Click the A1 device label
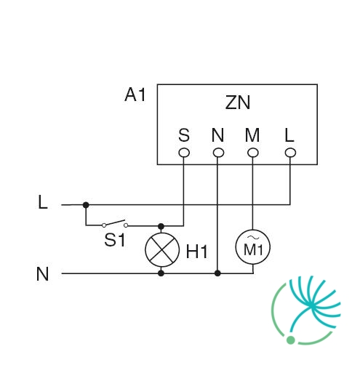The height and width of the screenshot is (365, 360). (x=135, y=95)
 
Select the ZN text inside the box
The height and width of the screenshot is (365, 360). (x=237, y=103)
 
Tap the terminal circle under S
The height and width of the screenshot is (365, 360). (x=184, y=153)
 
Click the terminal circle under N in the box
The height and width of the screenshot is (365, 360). (x=218, y=153)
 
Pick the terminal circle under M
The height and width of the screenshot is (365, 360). (x=253, y=153)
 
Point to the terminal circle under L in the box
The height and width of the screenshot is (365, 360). (x=290, y=153)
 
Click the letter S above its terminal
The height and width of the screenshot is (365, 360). (x=184, y=135)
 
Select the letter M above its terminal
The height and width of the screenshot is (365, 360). (x=252, y=135)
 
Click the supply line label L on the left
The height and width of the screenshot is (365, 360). (x=43, y=202)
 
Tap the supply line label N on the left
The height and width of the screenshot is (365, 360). (x=42, y=274)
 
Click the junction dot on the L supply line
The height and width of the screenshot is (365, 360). (x=86, y=205)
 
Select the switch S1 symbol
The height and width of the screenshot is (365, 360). (x=115, y=223)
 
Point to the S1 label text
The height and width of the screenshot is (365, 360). (x=115, y=240)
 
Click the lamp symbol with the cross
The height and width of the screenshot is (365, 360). (x=162, y=249)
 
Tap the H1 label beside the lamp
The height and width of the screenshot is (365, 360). (x=196, y=252)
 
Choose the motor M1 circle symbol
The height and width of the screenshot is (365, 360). (x=253, y=247)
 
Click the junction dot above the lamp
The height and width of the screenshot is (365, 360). (x=161, y=226)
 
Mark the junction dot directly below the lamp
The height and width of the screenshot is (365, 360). (x=161, y=273)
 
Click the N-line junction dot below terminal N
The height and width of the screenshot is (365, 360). (x=217, y=273)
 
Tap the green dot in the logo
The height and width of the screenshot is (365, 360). (x=291, y=340)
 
